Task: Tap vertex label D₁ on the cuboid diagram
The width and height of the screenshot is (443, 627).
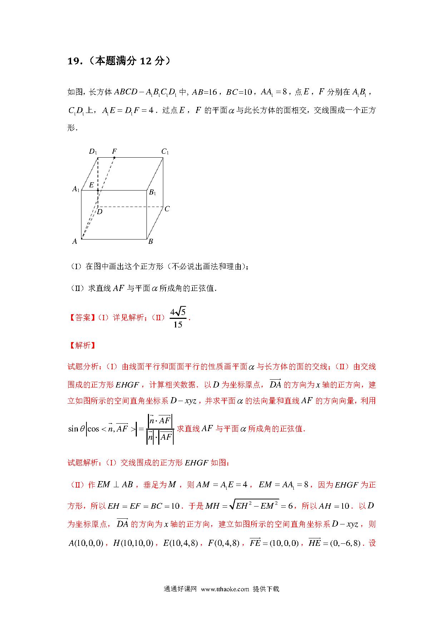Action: click(x=93, y=152)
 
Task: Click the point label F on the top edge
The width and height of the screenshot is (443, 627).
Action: click(x=114, y=152)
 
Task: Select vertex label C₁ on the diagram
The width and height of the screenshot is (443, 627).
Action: click(x=165, y=152)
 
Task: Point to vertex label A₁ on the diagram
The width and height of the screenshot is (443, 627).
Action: click(x=76, y=189)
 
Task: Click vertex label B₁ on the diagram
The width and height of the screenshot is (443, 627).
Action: click(x=153, y=192)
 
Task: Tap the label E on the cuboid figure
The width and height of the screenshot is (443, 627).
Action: click(x=91, y=185)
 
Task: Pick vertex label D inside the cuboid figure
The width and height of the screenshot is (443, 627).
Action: click(x=100, y=212)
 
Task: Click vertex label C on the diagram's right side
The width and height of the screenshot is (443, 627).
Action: click(x=167, y=209)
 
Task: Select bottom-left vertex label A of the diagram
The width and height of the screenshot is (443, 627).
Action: click(x=75, y=241)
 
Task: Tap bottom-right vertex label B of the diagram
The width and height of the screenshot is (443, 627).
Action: click(x=151, y=241)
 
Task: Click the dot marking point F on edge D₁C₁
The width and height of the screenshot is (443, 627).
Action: click(x=114, y=158)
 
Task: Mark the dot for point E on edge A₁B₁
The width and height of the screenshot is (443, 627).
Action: click(x=98, y=191)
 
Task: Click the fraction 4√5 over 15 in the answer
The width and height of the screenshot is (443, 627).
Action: click(x=178, y=318)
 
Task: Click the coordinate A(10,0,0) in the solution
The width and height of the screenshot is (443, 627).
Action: click(x=86, y=543)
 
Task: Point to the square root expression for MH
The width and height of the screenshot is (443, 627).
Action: click(x=254, y=505)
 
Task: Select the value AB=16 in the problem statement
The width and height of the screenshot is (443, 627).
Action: click(x=204, y=92)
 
